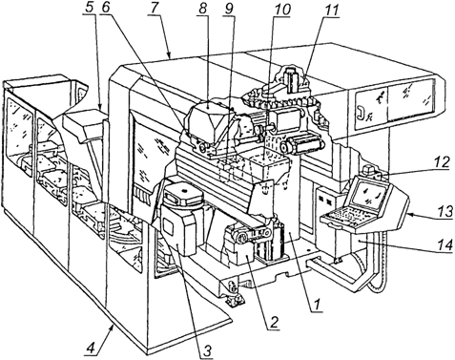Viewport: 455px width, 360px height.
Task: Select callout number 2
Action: pos(274,322)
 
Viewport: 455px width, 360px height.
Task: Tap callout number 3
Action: pos(206,349)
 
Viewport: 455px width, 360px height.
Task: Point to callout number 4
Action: pos(91,349)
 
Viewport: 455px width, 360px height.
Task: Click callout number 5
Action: pos(91,8)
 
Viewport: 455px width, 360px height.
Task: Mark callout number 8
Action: pos(202,8)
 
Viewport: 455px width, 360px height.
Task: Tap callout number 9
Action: pos(228,8)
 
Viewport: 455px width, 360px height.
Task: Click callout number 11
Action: pos(331,10)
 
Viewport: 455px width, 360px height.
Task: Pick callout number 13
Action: pos(444,211)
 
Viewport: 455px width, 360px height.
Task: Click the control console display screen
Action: pos(368,197)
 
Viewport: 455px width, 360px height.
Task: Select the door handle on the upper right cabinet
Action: pos(361,112)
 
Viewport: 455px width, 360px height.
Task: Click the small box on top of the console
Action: pos(370,169)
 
